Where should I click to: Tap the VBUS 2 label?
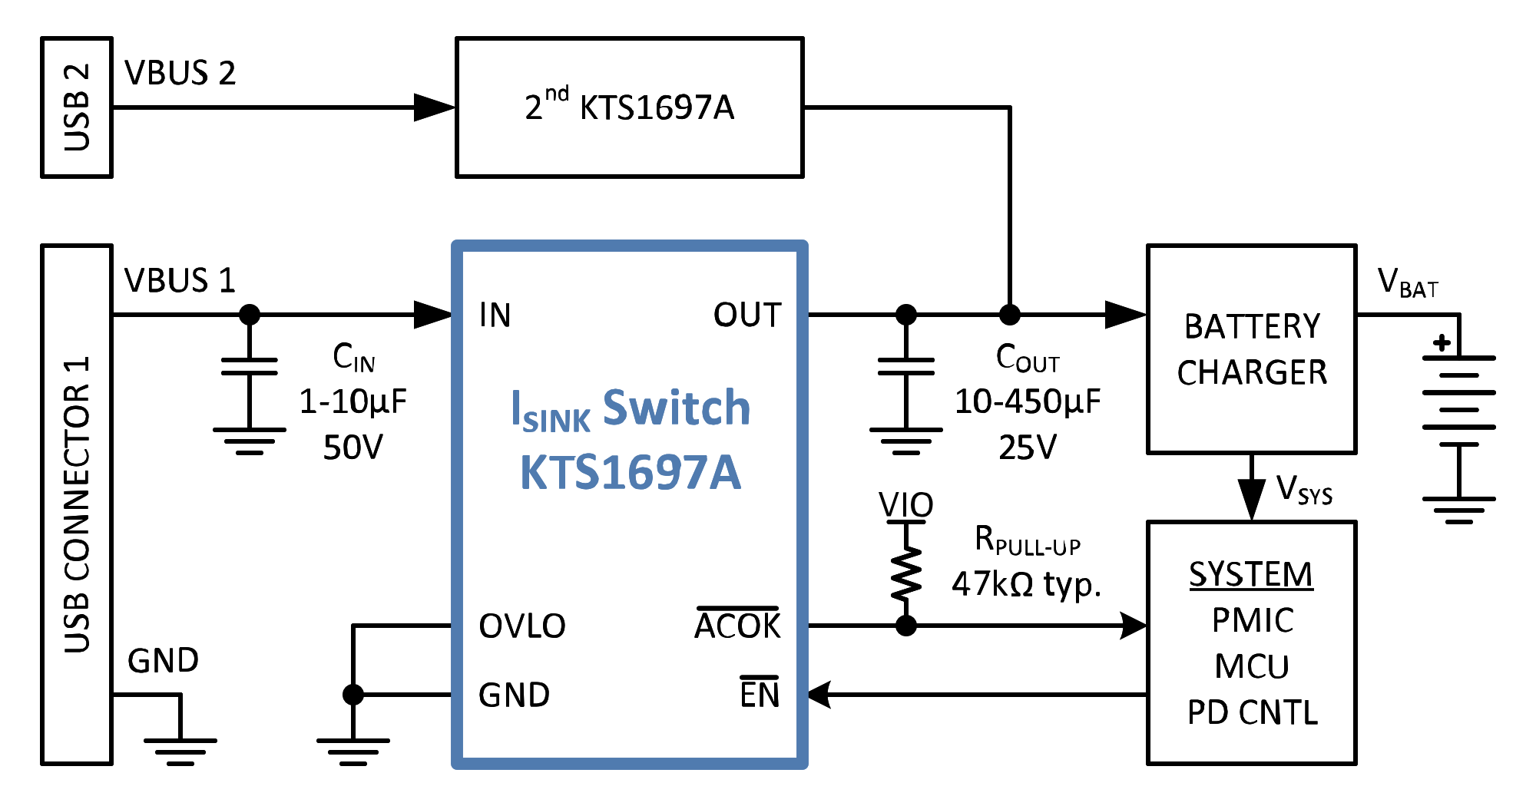coord(180,73)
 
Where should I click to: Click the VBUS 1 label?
coord(180,280)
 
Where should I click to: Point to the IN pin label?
coord(495,315)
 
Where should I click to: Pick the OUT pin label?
coord(747,315)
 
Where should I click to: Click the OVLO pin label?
coord(522,626)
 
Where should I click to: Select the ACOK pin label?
coord(737,625)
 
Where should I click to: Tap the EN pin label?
coord(760,693)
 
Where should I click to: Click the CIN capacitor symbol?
coord(250,367)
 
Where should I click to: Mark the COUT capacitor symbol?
coord(906,367)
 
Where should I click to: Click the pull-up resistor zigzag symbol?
coord(906,573)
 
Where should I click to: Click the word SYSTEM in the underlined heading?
coord(1251,574)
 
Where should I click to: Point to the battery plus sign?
coord(1442,342)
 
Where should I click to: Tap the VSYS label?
coord(1304,489)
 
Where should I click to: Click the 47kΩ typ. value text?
coord(1027,585)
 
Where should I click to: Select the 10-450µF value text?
coord(1028,401)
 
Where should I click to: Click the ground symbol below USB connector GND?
coord(180,751)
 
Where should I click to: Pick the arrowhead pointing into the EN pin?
coord(819,695)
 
